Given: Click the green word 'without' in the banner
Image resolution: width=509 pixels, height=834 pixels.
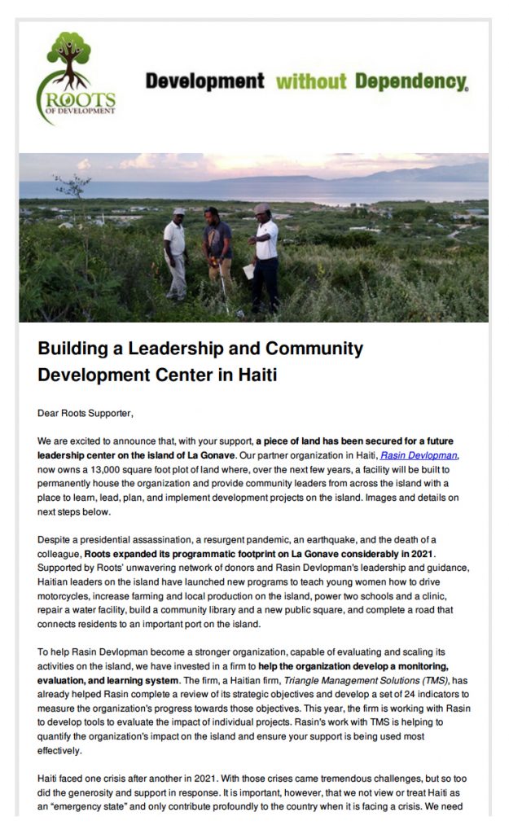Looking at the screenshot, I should (x=311, y=81).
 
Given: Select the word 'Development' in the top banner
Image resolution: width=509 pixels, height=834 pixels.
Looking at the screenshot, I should (x=204, y=81).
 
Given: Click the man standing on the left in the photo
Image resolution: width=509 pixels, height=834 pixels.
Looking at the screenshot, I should (x=174, y=252).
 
